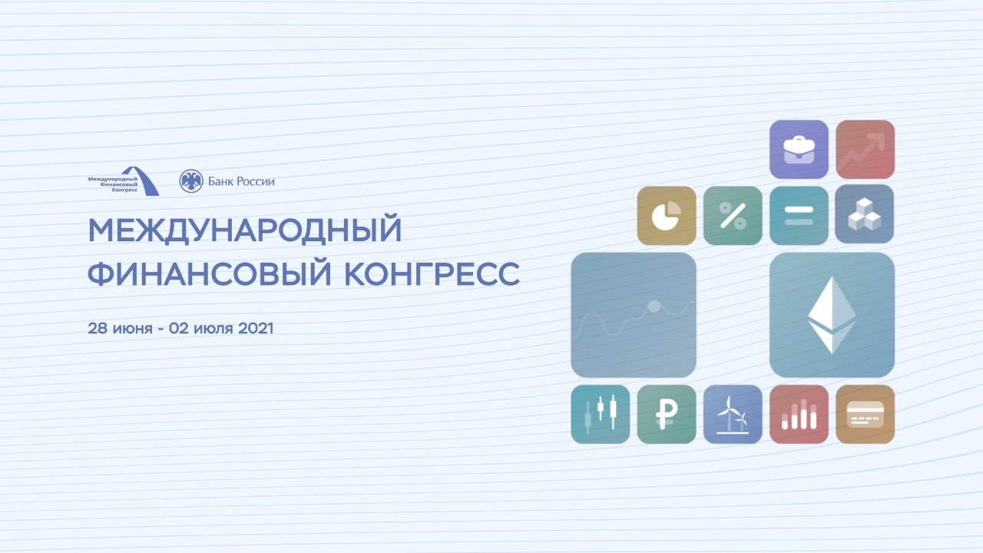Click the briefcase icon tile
799,149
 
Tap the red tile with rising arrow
865,149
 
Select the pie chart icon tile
667,216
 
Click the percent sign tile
733,216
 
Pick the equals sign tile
799,216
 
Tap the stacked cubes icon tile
865,214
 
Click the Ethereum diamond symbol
832,315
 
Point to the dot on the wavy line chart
654,306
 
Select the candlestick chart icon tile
601,414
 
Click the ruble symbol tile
667,414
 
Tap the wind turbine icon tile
733,414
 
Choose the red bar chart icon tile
799,414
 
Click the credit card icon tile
865,414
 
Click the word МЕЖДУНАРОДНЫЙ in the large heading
245,230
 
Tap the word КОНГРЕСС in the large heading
432,274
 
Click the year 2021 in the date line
256,328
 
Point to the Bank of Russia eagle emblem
191,180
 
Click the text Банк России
241,181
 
